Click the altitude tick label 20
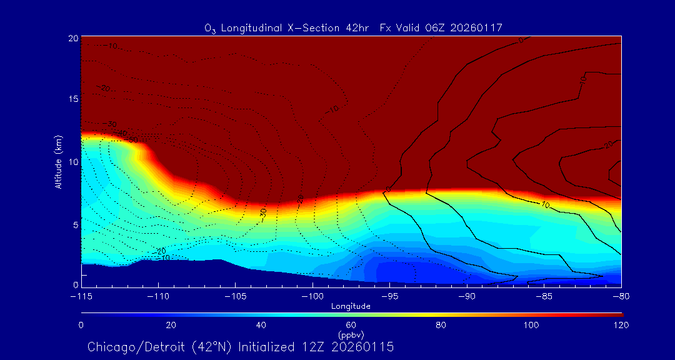pos(73,38)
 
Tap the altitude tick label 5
pos(75,224)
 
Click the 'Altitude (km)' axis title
pos(58,161)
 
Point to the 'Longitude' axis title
pos(351,306)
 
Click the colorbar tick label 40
pos(261,325)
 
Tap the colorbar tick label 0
pos(81,325)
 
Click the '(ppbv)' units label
pos(351,334)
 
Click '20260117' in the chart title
pos(476,27)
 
